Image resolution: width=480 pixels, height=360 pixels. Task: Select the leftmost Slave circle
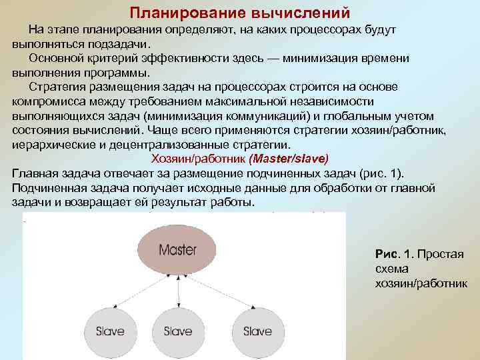pos(110,331)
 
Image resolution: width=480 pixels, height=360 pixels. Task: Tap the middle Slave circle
pos(178,331)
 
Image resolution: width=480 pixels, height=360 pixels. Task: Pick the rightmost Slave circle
pos(257,331)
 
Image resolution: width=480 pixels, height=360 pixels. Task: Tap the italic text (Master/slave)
pos(288,159)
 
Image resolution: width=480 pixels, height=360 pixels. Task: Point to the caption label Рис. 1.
pos(395,255)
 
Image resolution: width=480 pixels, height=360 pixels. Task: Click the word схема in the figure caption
pos(391,269)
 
